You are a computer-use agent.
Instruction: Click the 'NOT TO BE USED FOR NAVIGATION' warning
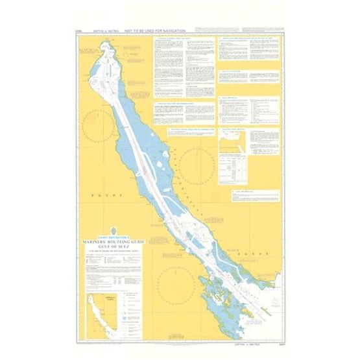pyautogui.click(x=155, y=30)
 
